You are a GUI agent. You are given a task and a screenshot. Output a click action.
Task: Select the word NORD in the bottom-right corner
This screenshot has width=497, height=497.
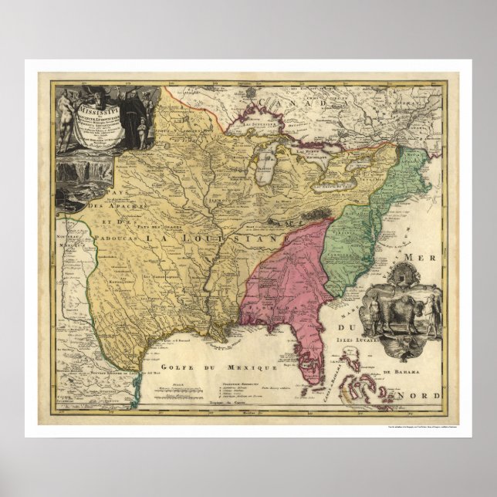pos(421,396)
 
